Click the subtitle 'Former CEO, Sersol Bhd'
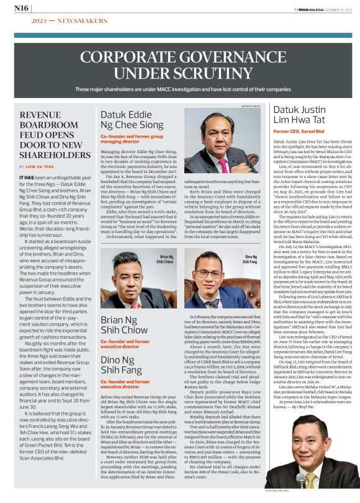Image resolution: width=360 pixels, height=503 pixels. [295, 132]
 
